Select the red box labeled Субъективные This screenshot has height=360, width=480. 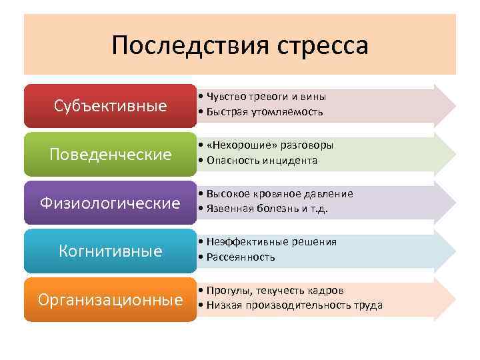(111, 106)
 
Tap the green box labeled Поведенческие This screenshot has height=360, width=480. (111, 155)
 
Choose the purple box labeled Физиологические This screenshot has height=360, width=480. (111, 203)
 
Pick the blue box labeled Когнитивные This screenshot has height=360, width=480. (111, 251)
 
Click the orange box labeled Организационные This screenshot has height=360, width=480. (111, 299)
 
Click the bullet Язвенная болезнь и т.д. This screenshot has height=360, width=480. (267, 209)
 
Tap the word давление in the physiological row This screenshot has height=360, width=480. (331, 193)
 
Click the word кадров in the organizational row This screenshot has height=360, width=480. (328, 291)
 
